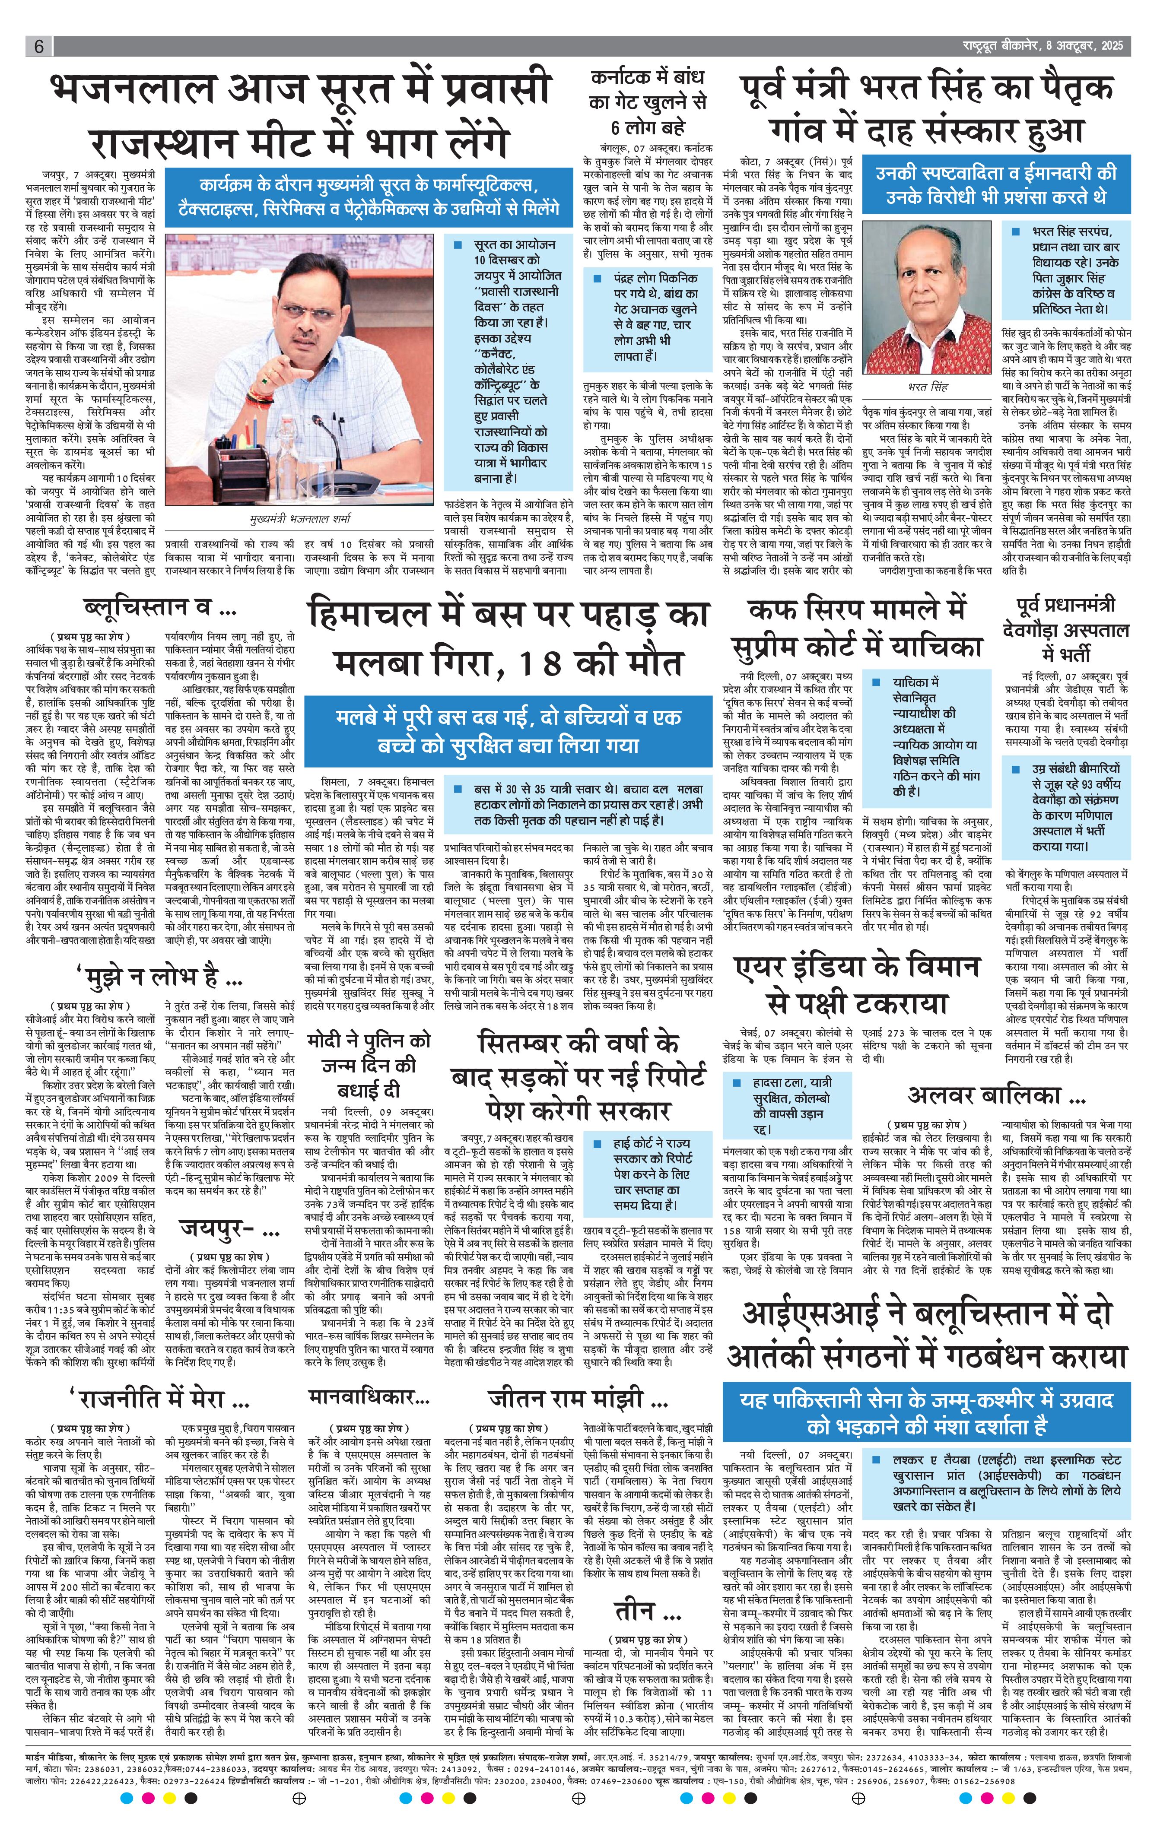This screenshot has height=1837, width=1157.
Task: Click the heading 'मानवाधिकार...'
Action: pos(369,1398)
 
